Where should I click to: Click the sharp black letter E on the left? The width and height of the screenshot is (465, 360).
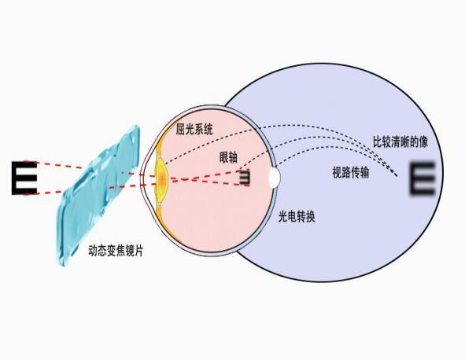pos(24,178)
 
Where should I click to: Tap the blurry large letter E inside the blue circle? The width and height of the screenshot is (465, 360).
pos(422,178)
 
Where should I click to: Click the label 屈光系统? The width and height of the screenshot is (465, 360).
pos(194,130)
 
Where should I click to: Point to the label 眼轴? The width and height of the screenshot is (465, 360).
pos(228,157)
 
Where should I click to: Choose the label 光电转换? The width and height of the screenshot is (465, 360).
pos(297,217)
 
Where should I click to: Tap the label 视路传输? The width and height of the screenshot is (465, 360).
pos(351,172)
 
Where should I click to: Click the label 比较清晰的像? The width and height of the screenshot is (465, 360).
pos(400,142)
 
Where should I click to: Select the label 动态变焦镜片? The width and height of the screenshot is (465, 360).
pos(116,251)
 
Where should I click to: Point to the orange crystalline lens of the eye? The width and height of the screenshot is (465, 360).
pos(161,178)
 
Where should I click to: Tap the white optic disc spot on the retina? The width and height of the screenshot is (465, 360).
pos(275,177)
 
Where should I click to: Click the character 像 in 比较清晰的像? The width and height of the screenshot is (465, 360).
pos(423,142)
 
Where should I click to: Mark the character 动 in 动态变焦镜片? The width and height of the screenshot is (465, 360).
pos(93,251)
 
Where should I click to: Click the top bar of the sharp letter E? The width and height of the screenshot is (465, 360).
pos(25,163)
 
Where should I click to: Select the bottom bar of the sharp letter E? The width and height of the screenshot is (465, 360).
pos(25,192)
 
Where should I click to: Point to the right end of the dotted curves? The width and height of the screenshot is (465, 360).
pos(397,176)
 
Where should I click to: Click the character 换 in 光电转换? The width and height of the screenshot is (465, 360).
pos(310,217)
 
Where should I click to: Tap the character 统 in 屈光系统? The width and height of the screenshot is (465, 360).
pos(209,130)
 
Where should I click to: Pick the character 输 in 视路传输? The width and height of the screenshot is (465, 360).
pos(365,172)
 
